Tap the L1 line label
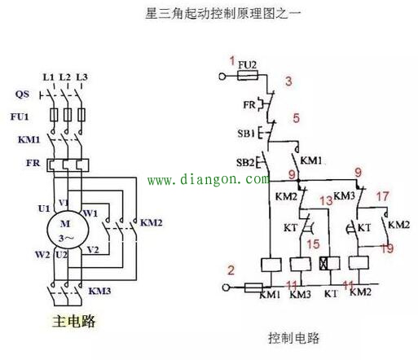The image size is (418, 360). point(48,77)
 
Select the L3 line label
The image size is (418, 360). point(81,77)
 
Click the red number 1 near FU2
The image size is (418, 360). point(231,61)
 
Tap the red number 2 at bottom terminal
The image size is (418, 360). point(231,270)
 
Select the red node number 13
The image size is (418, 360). point(325,200)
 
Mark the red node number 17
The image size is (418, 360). point(382,195)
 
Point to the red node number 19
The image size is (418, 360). point(389,248)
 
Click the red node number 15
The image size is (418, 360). point(312,244)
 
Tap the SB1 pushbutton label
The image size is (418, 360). point(245,132)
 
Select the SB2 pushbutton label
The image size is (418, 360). point(245,161)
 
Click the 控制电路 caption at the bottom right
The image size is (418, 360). point(292,336)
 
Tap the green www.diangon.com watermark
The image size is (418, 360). point(208,179)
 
